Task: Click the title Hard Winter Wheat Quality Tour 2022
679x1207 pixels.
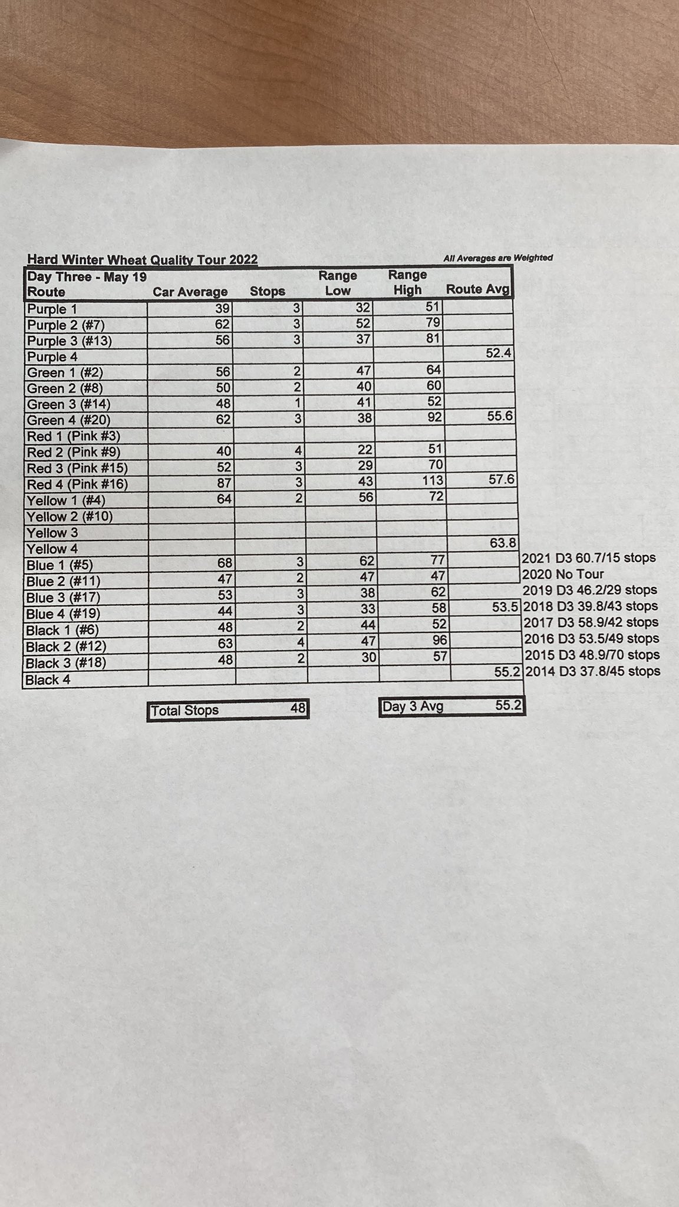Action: click(142, 259)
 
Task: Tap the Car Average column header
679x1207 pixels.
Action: click(190, 292)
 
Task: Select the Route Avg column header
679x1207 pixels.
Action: click(477, 289)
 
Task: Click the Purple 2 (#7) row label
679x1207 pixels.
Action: click(66, 325)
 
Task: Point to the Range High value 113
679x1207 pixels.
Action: click(432, 480)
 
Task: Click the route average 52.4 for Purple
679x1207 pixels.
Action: click(498, 353)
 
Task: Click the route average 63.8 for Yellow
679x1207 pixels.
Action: click(503, 542)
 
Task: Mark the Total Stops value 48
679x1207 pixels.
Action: click(298, 708)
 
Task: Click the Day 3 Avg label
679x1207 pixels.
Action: click(413, 706)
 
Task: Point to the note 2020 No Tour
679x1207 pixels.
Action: click(563, 573)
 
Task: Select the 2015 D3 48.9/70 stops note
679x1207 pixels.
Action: click(592, 655)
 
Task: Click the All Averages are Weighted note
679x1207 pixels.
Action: click(498, 258)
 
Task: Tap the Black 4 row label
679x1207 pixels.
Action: click(48, 680)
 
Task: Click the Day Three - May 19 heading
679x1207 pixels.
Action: click(87, 277)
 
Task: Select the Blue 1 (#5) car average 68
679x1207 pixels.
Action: click(225, 563)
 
